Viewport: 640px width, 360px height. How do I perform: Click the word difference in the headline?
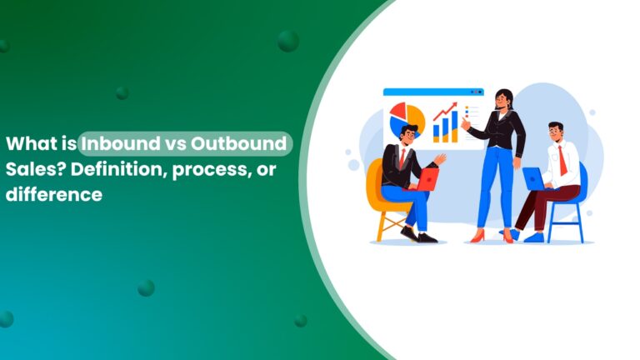(x=53, y=196)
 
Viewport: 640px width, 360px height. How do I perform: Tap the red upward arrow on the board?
(x=445, y=111)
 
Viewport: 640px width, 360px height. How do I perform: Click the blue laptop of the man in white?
(x=533, y=178)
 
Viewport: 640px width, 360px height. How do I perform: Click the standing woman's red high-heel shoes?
(x=492, y=236)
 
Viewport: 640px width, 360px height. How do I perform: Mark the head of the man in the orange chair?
(x=407, y=135)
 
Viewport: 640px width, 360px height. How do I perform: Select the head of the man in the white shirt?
(x=555, y=132)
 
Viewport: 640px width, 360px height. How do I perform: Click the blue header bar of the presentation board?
(x=433, y=92)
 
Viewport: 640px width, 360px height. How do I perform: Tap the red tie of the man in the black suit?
(x=402, y=158)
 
